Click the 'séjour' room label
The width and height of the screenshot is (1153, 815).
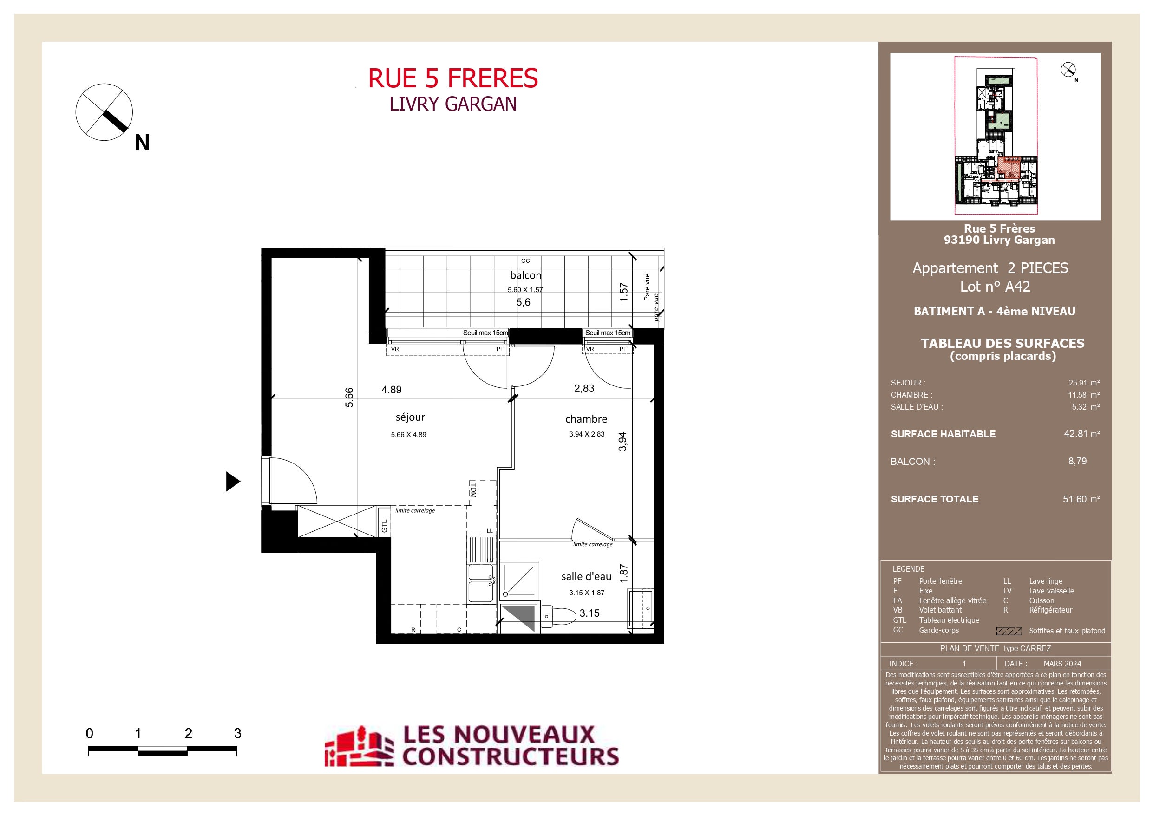[410, 417]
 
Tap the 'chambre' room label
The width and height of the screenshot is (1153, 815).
[586, 419]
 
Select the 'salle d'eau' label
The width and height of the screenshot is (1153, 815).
[586, 576]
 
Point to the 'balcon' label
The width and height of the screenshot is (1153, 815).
[526, 275]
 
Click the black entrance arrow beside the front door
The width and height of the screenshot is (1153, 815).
[233, 482]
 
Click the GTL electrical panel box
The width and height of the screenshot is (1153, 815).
[384, 522]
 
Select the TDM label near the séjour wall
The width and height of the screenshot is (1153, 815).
[472, 489]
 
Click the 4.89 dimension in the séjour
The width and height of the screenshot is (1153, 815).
[391, 390]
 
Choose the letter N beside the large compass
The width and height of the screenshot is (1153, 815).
[142, 143]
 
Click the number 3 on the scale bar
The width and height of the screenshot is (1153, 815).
[237, 734]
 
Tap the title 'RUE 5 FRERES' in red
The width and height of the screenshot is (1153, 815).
[453, 78]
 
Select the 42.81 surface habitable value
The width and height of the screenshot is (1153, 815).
[1075, 433]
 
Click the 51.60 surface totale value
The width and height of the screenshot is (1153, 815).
[1074, 499]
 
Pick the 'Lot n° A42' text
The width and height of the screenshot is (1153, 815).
[995, 287]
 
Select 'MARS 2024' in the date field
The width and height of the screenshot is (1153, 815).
[1062, 663]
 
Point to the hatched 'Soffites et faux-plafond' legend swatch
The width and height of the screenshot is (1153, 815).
[1009, 631]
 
